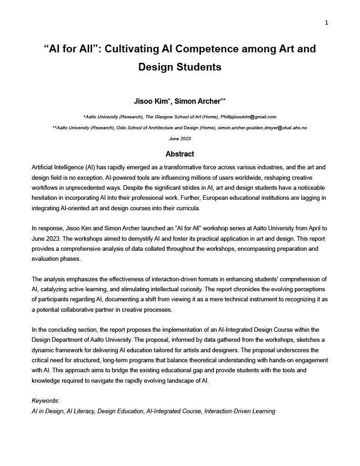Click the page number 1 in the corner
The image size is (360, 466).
[x=326, y=23]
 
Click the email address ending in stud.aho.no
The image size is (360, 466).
[x=262, y=128]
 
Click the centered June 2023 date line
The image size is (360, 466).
[x=180, y=139]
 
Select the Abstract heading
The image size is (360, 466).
[x=180, y=154]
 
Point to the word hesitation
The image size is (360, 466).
[x=47, y=198]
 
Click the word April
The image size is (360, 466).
[x=309, y=228]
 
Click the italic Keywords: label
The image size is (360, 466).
[x=46, y=401]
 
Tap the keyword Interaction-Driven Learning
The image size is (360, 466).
[x=240, y=411]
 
